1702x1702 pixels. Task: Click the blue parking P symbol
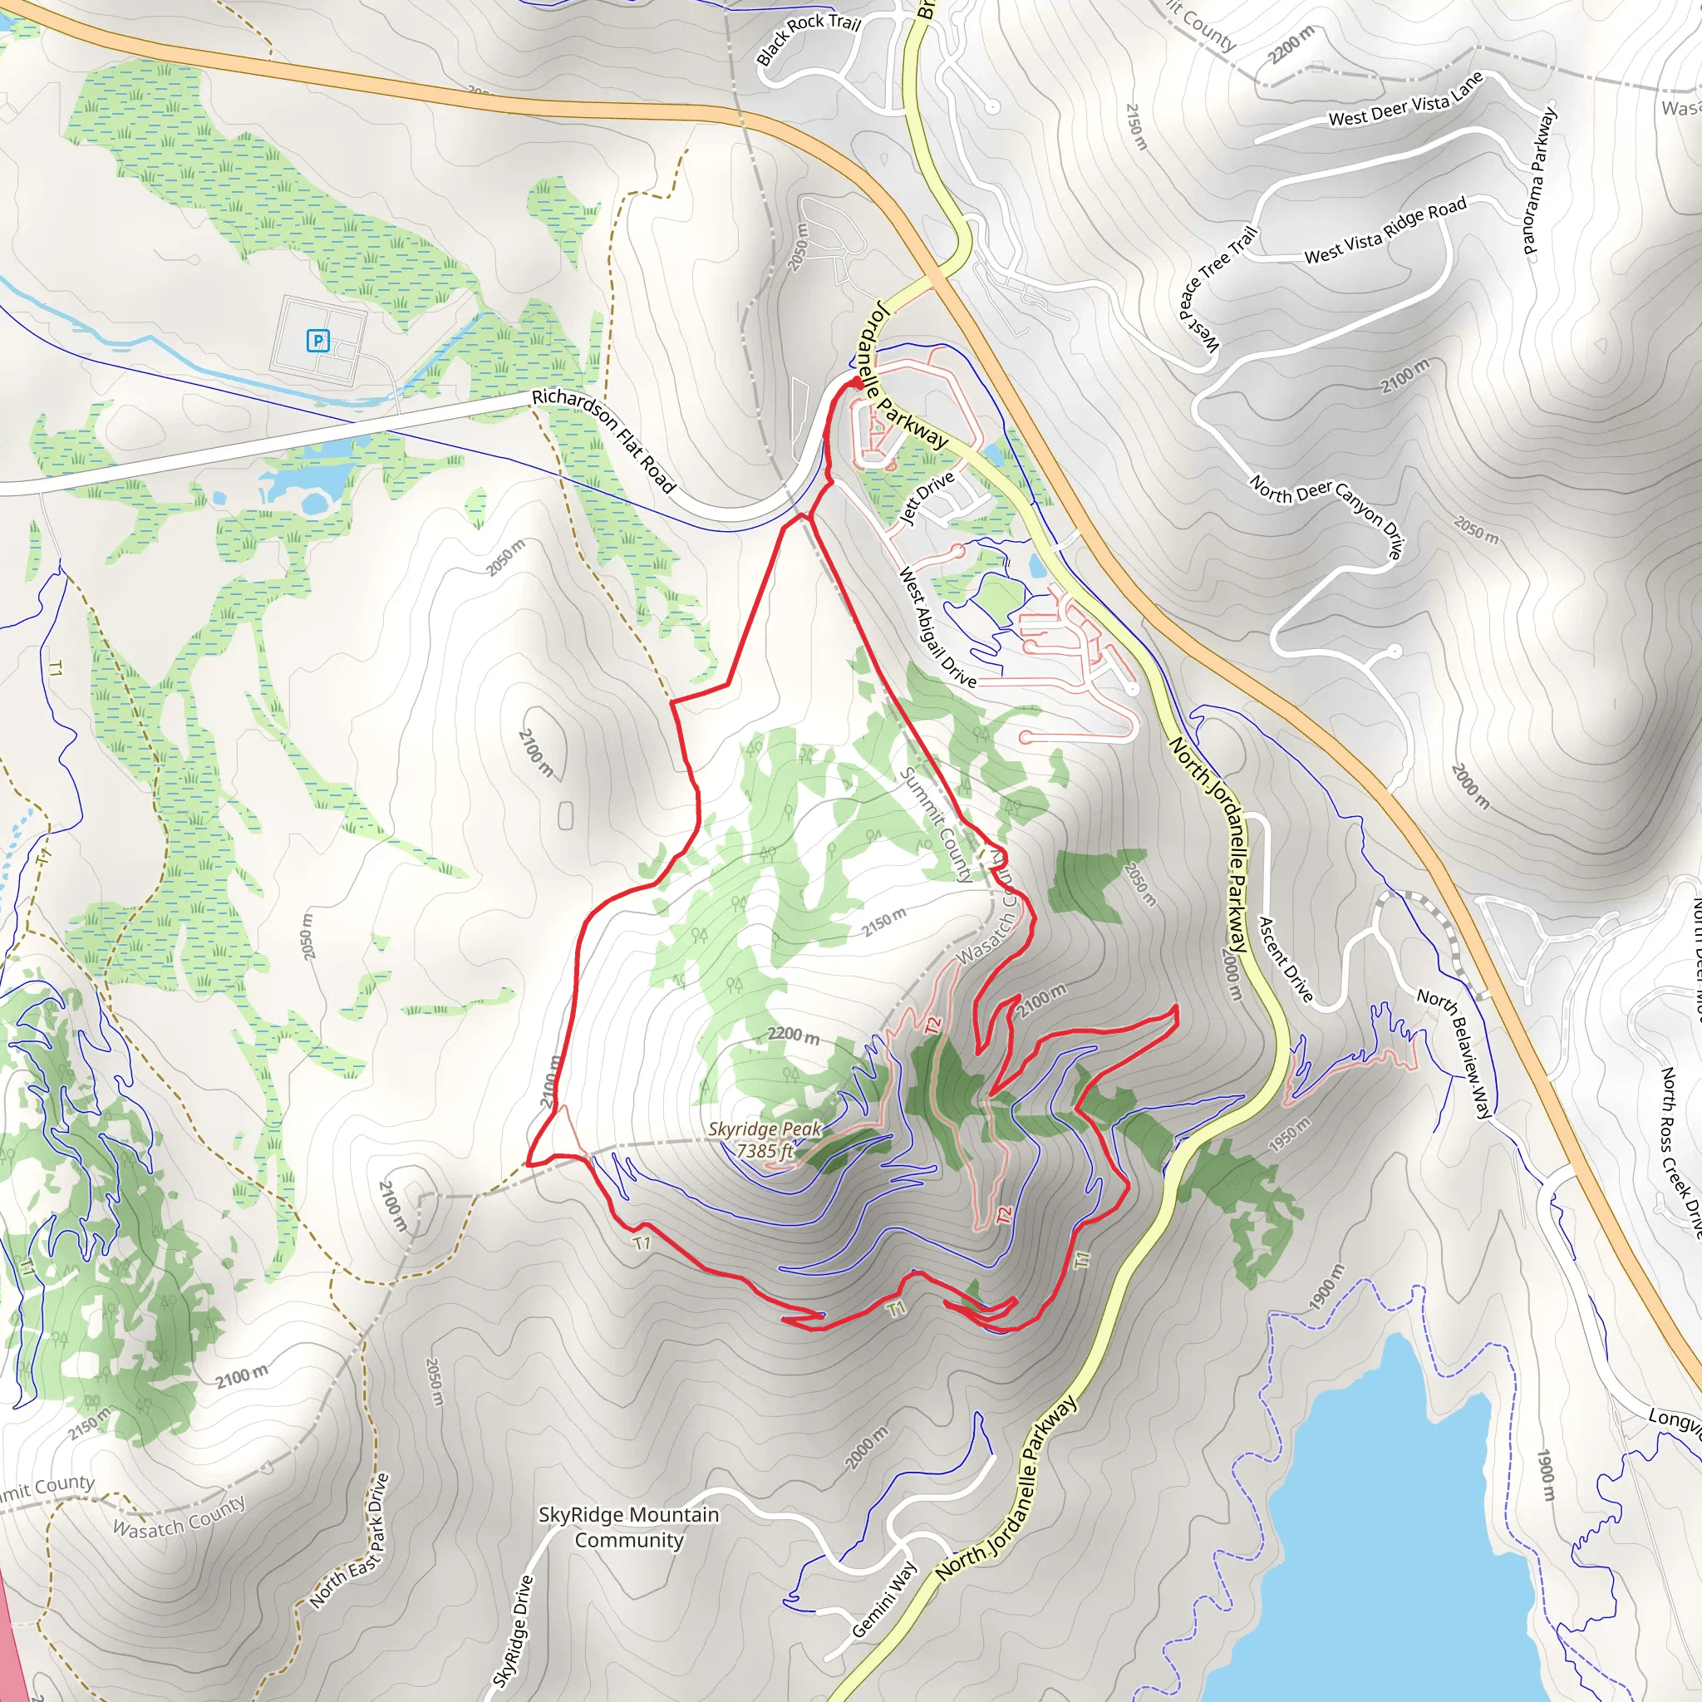coord(317,340)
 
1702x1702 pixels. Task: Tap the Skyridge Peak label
coord(764,1129)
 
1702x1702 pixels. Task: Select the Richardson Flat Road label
coord(604,440)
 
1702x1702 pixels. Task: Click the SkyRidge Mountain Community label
coord(628,1527)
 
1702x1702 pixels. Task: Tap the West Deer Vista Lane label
coord(1406,100)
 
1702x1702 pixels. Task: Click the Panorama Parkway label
coord(1541,180)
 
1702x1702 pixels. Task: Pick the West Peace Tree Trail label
coord(1217,289)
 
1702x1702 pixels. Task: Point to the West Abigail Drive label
coord(937,627)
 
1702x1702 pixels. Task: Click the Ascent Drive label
coord(1286,959)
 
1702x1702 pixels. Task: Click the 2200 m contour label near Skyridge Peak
coord(793,1034)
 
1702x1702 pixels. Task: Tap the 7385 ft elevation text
coord(765,1150)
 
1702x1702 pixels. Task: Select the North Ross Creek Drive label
coord(1681,1154)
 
